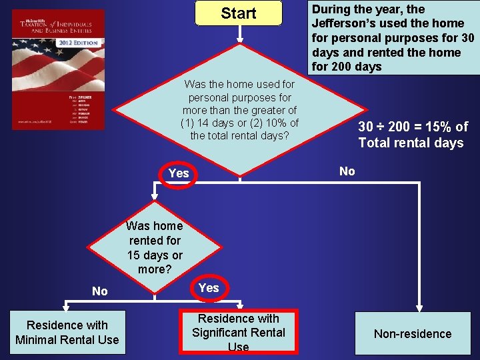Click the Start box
[x=238, y=13]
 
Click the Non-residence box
[x=412, y=334]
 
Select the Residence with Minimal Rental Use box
[x=67, y=333]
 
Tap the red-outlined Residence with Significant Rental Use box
[x=238, y=332]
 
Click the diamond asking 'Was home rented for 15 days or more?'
[x=155, y=247]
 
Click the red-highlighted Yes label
[x=209, y=288]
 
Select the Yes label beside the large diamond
[x=179, y=173]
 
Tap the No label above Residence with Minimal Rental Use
[x=100, y=291]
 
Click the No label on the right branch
[x=347, y=171]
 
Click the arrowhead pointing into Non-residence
[x=419, y=307]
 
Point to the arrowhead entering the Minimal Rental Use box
[x=65, y=307]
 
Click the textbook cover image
[x=59, y=69]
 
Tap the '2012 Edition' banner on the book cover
[x=79, y=43]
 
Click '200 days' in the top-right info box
[x=359, y=67]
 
